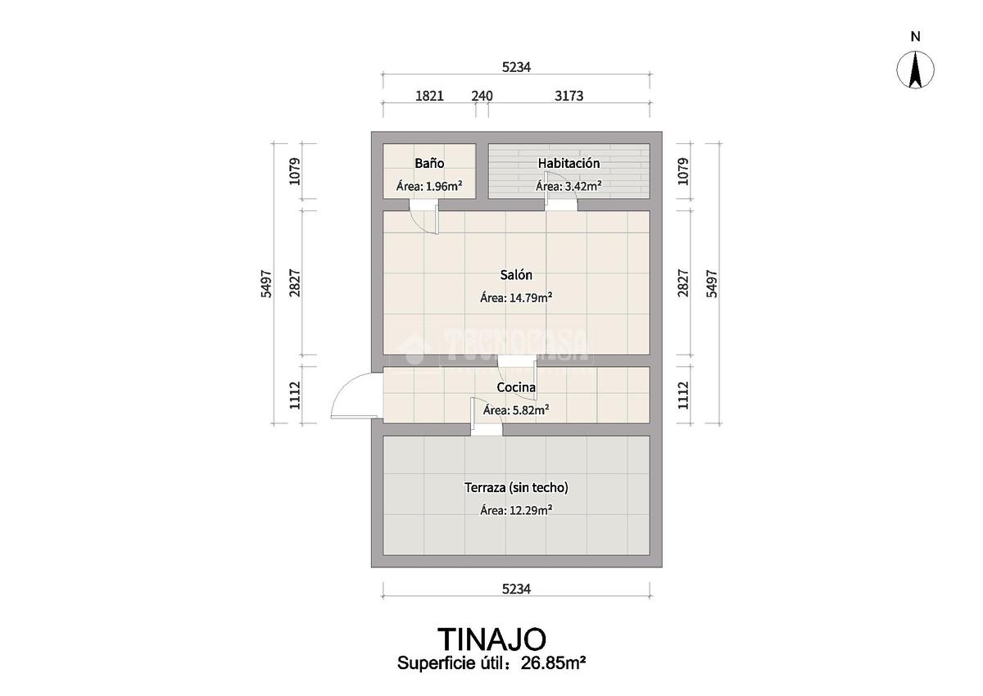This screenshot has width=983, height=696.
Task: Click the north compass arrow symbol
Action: (x=916, y=70)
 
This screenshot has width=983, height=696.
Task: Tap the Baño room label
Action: (x=429, y=163)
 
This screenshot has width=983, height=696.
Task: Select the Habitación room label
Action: (x=569, y=163)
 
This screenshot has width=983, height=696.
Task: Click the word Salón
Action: (x=516, y=275)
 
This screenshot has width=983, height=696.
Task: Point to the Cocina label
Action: (x=516, y=387)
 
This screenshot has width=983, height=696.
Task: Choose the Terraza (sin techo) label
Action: (x=516, y=487)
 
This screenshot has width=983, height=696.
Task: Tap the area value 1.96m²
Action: (x=440, y=186)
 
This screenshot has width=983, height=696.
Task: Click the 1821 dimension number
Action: (x=429, y=96)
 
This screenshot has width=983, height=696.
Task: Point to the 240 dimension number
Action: (x=482, y=96)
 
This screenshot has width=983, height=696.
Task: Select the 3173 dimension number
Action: (x=569, y=96)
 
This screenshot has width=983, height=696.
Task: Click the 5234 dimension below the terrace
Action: (x=516, y=589)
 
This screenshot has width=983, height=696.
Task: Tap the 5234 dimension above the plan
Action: (x=516, y=68)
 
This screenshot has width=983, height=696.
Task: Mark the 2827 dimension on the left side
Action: (x=296, y=283)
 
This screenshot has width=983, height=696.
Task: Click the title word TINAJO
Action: (x=491, y=639)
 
